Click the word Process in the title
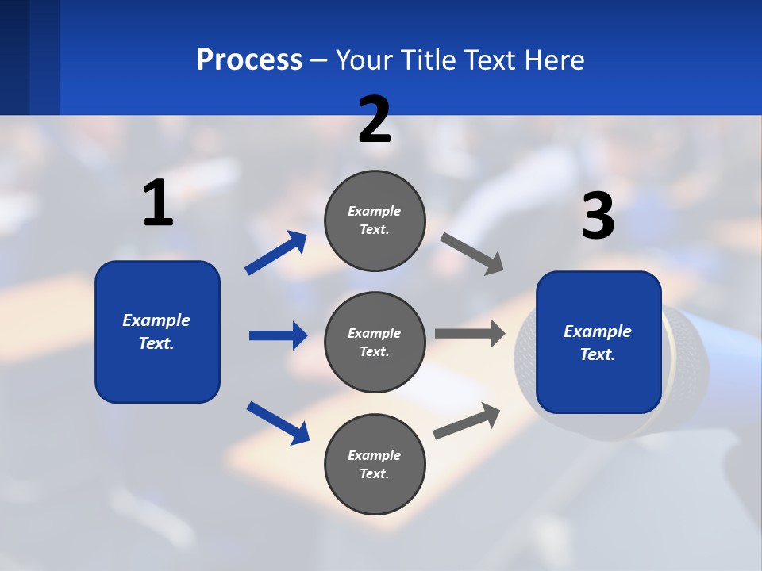pos(249,60)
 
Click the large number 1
pos(158,203)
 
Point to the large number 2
pos(375,120)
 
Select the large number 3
pos(598,216)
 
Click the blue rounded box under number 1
pos(157,331)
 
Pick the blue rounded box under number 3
pos(598,342)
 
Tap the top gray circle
pos(375,220)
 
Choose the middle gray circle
pos(375,342)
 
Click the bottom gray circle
pos(375,464)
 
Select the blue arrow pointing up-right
pos(276,252)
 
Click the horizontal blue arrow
pos(278,335)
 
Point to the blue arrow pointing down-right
pos(278,423)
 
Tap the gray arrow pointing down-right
pos(472,254)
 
